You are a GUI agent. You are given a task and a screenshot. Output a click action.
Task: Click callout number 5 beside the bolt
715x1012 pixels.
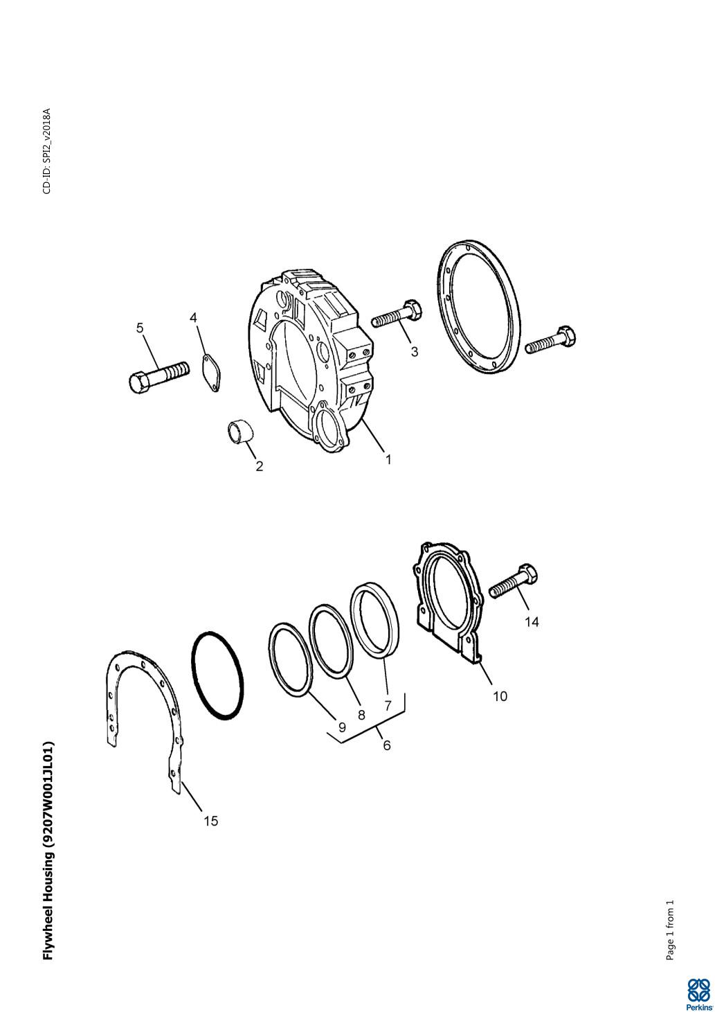click(140, 328)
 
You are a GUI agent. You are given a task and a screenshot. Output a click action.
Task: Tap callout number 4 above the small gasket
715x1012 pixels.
click(193, 318)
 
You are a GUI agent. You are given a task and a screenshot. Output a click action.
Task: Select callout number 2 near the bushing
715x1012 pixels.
click(259, 465)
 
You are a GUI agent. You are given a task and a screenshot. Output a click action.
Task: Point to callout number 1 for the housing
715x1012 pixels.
click(388, 459)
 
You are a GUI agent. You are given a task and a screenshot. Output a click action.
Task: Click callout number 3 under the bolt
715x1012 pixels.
click(414, 351)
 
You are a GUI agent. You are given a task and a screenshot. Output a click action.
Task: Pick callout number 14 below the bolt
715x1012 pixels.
click(532, 622)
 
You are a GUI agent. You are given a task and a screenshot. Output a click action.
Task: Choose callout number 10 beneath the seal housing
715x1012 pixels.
click(500, 696)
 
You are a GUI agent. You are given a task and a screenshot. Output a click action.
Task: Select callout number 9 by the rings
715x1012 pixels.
click(342, 727)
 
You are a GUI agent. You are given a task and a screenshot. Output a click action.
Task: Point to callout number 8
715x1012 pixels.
click(361, 715)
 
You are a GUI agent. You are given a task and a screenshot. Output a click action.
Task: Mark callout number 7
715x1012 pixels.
click(388, 705)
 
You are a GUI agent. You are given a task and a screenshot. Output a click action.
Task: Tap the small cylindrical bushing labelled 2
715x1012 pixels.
click(239, 432)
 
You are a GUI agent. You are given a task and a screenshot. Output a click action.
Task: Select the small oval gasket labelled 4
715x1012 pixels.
click(210, 373)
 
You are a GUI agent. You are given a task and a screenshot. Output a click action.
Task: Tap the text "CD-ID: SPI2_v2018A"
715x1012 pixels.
click(47, 151)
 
